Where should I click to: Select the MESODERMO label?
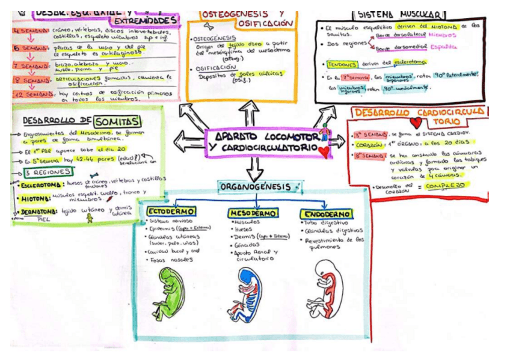[252, 213]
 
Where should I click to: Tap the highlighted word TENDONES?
[340, 64]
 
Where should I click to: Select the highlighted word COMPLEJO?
[446, 186]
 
